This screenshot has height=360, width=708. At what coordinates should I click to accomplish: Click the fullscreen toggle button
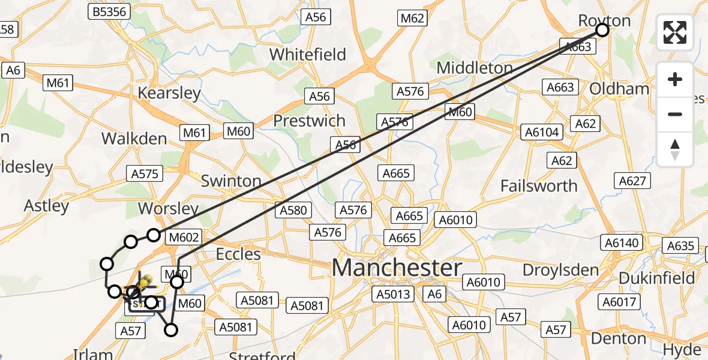click(x=675, y=32)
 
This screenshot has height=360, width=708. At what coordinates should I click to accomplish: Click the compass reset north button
click(x=675, y=150)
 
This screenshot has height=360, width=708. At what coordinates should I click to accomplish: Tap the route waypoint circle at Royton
click(x=602, y=30)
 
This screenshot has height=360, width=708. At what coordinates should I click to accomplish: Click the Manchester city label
click(x=397, y=268)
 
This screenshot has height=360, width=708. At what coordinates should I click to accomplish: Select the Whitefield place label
click(x=308, y=55)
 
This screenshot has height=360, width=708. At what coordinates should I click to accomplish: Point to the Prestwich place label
click(x=310, y=121)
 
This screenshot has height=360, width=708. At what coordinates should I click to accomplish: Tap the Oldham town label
click(x=619, y=89)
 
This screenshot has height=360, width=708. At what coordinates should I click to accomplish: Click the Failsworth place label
click(x=539, y=186)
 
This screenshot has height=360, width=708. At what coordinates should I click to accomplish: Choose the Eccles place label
click(x=239, y=254)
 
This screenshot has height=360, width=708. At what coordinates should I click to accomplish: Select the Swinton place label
click(x=231, y=181)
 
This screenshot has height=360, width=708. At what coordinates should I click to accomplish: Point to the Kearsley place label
click(x=169, y=93)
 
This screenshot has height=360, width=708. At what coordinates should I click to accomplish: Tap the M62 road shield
click(x=412, y=18)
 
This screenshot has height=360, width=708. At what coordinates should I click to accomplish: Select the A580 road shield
click(x=293, y=210)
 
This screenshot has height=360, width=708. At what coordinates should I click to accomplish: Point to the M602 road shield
click(x=184, y=238)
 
